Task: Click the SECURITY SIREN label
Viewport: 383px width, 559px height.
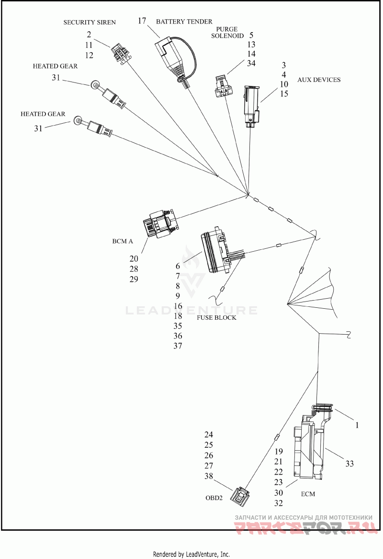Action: tap(90, 22)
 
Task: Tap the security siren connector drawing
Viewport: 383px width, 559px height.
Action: tap(121, 55)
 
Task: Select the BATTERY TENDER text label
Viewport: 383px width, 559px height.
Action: tap(184, 22)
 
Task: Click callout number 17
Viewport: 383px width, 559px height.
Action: tap(142, 21)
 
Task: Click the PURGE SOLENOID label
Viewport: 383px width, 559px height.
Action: tap(227, 33)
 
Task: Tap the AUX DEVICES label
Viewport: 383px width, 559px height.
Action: tap(319, 80)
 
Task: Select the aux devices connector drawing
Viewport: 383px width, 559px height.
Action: tap(252, 106)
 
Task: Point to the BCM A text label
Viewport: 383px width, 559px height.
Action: tap(123, 241)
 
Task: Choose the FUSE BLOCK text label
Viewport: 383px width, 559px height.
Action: tap(216, 317)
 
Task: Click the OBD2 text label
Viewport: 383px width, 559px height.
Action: tap(214, 498)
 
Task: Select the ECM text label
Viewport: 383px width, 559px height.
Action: tap(308, 494)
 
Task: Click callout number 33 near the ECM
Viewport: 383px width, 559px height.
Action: tap(349, 464)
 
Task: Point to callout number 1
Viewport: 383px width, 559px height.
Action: tap(357, 425)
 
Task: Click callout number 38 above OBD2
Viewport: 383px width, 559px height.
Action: tap(209, 476)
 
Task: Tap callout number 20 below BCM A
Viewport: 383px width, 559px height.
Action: tap(134, 258)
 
